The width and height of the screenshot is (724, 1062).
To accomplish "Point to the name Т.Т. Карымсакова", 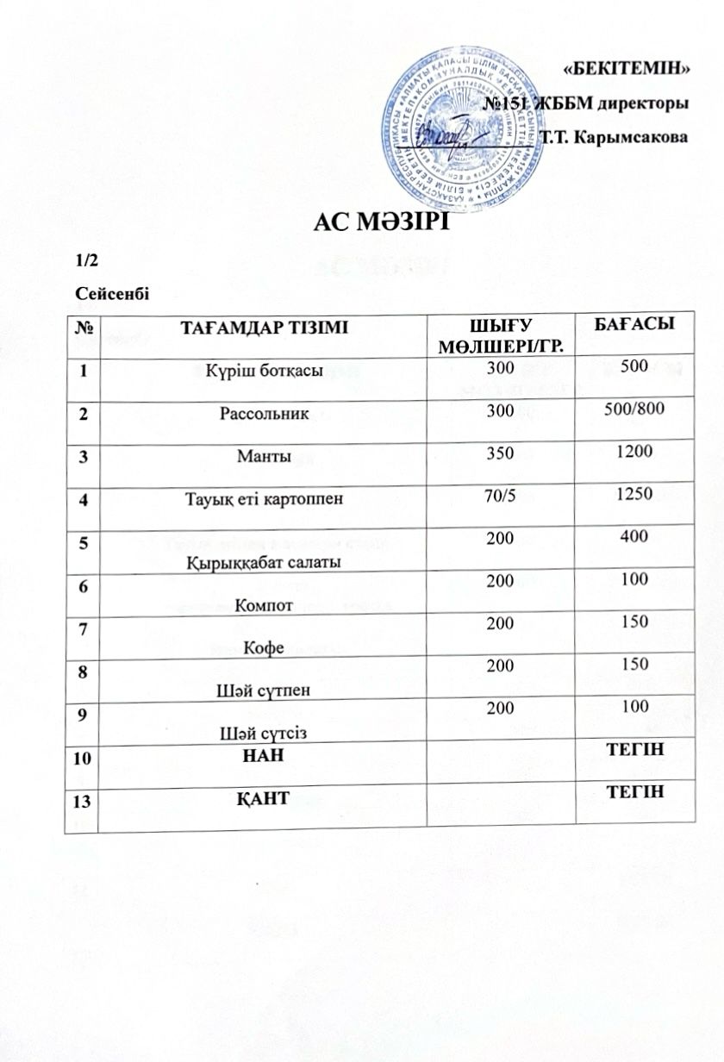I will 613,138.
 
